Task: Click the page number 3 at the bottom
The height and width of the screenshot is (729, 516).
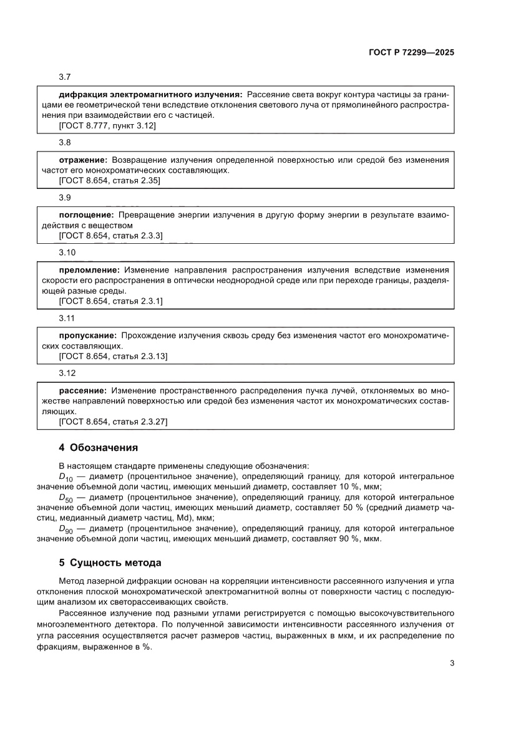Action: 452,664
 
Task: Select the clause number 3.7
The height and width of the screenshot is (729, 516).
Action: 65,77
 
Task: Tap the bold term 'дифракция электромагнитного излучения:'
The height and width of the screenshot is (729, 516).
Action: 150,94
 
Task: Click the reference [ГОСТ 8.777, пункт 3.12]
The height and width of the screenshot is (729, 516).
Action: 107,125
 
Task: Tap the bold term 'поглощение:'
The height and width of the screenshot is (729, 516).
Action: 85,215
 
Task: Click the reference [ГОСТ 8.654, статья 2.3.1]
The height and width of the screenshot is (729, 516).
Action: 110,301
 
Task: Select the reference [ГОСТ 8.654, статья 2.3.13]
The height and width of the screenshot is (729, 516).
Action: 113,356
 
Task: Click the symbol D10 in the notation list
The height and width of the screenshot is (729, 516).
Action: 66,477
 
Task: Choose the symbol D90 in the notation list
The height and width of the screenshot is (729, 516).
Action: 66,529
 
